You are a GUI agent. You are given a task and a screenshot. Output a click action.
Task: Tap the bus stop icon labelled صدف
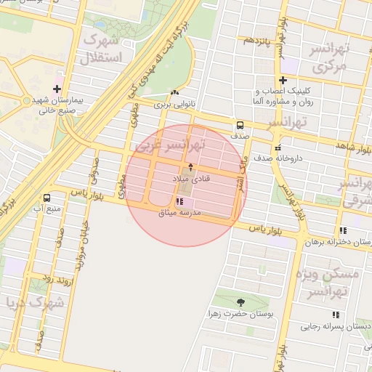click(x=240, y=124)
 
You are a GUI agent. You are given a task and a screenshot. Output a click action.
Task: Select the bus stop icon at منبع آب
click(x=47, y=198)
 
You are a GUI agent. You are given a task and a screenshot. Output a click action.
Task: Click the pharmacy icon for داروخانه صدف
click(x=278, y=148)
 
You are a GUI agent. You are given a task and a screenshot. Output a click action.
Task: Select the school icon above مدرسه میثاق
click(x=179, y=202)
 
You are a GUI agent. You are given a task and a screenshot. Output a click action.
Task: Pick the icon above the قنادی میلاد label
click(x=191, y=167)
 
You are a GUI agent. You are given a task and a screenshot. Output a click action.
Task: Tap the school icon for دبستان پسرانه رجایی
click(x=336, y=315)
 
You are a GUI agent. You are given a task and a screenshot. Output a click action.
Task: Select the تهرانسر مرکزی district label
click(x=331, y=58)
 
